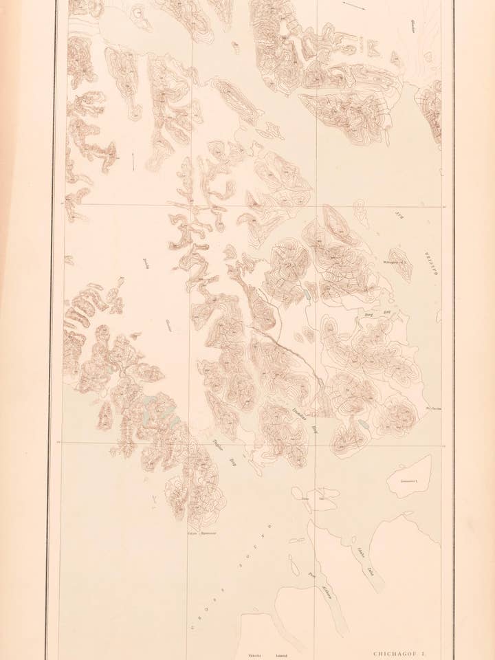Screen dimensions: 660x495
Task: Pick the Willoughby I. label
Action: click(x=389, y=261)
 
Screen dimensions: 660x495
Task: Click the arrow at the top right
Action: click(x=355, y=5)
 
